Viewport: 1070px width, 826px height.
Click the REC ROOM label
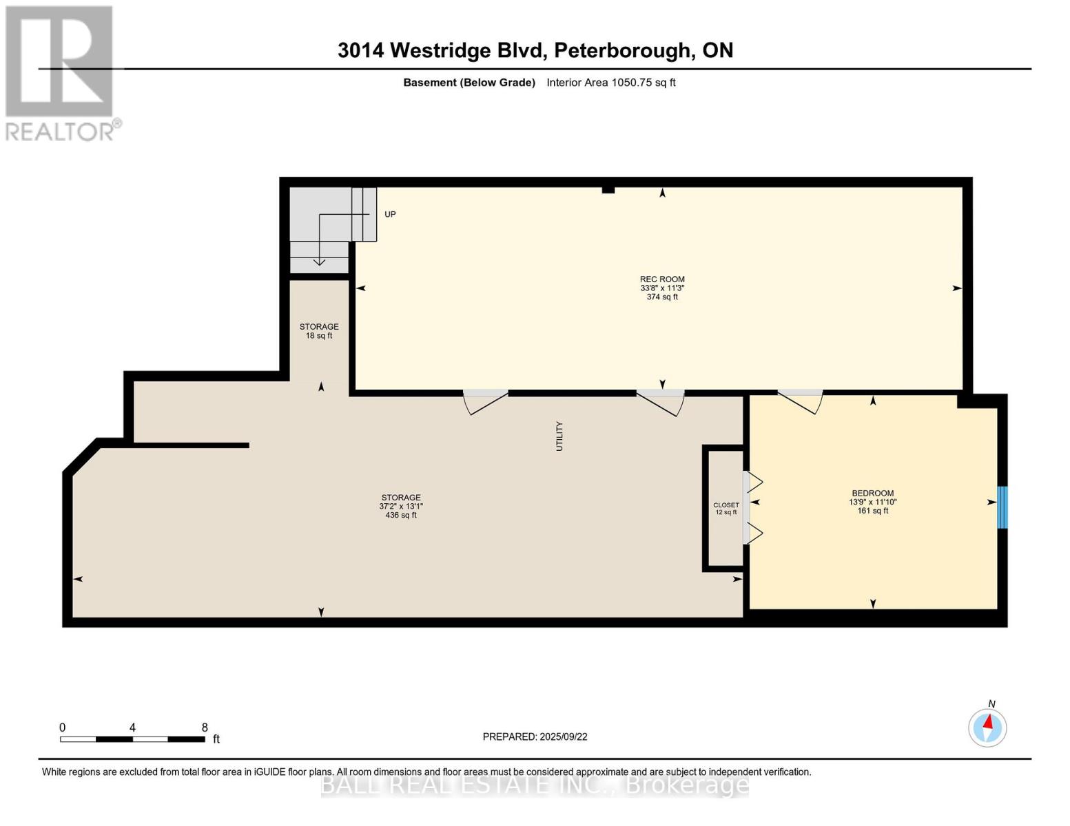tap(662, 279)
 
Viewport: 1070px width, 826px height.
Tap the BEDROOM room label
tap(872, 494)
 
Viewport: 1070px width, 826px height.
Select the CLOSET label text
tap(726, 505)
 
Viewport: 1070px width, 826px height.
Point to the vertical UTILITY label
tap(559, 436)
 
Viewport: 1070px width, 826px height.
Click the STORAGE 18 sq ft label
tap(319, 331)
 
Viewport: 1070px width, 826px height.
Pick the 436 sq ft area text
tap(401, 515)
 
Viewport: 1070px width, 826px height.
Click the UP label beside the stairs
tap(390, 215)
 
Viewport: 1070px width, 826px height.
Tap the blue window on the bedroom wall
tap(1002, 507)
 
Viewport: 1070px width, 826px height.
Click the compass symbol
tap(987, 728)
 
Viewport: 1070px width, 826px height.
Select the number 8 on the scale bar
tap(205, 728)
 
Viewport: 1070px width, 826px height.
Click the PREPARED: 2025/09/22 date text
tap(535, 737)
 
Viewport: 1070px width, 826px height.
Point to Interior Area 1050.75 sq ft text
tap(610, 83)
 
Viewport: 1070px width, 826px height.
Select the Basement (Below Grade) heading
tap(469, 83)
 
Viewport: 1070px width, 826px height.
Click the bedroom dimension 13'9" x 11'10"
tap(872, 502)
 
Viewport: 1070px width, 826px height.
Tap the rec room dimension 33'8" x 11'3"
tap(662, 288)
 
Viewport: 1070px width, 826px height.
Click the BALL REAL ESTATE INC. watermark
tap(535, 785)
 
